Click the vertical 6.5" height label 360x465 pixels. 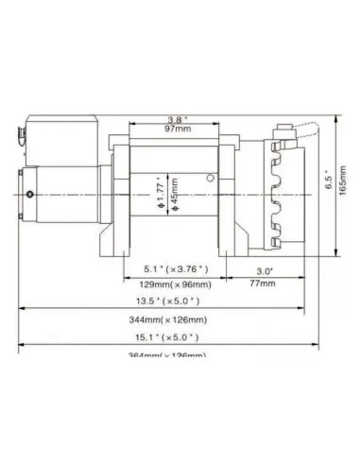328,188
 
